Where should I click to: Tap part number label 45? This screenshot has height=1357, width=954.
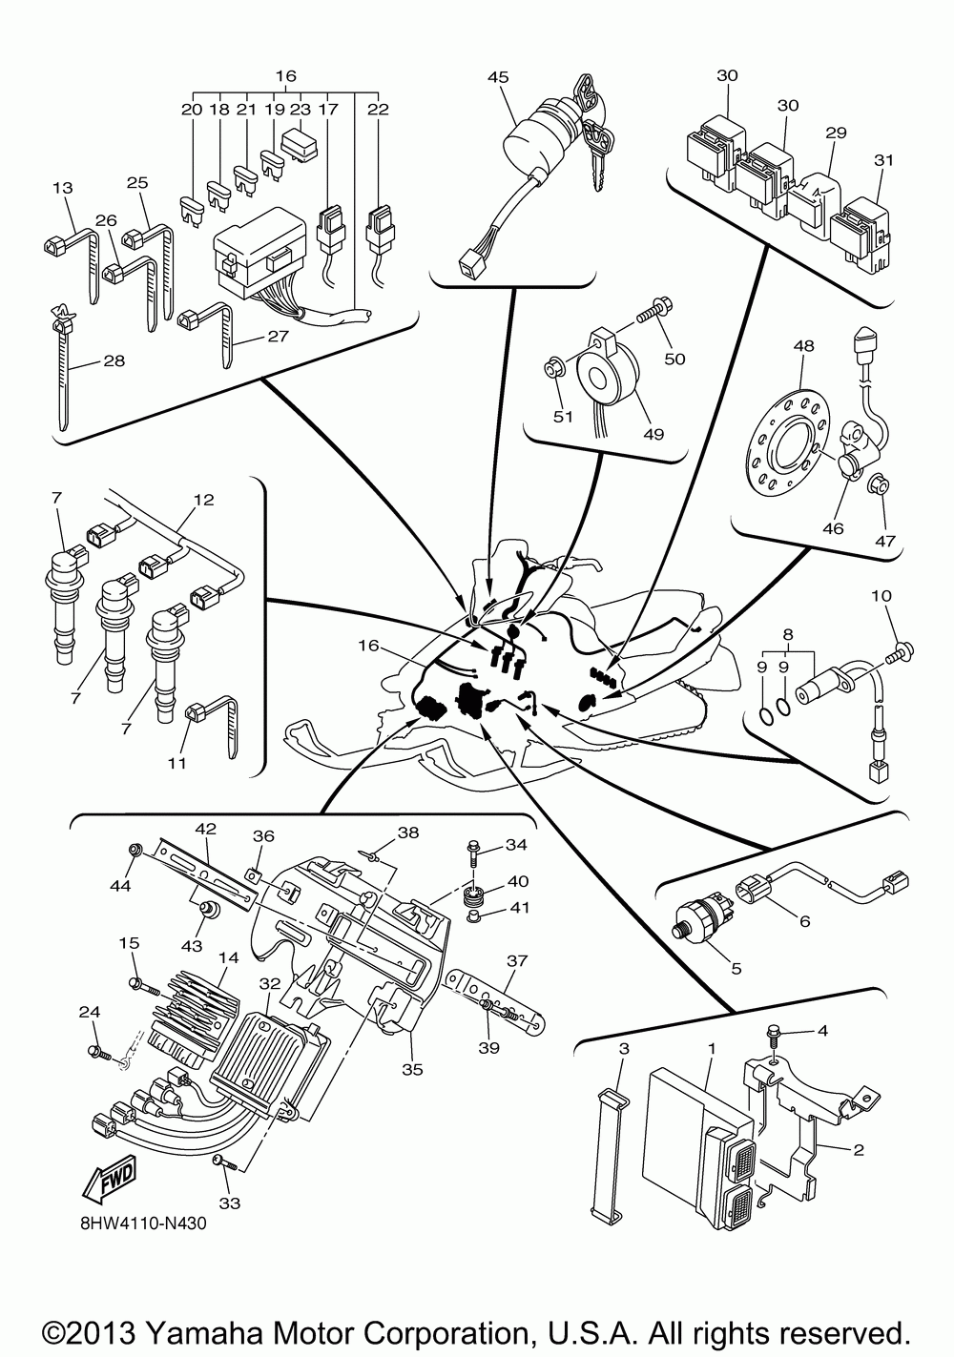click(x=498, y=77)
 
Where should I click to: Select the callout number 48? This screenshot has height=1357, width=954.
click(x=803, y=346)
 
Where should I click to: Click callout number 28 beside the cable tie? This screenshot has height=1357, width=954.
click(x=114, y=361)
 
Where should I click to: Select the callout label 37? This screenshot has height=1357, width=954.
click(x=517, y=960)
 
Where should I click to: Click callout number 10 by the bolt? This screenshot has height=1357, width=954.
click(x=881, y=596)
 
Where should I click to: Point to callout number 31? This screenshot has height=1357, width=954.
click(x=883, y=160)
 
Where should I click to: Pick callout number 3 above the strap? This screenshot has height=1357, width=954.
click(x=624, y=1049)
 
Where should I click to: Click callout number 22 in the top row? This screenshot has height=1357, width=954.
click(x=378, y=109)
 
